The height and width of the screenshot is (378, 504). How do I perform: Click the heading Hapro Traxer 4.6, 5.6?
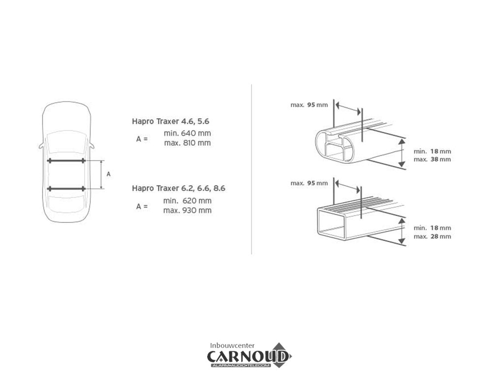170,121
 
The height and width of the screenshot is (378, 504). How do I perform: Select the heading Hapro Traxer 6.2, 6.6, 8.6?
178,188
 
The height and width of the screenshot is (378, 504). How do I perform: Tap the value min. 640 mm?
188,133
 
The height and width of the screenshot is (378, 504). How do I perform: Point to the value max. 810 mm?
188,143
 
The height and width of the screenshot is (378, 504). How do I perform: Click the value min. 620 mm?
188,201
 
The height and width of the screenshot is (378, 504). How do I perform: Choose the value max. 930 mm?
188,210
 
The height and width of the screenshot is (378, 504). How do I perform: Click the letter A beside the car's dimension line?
109,174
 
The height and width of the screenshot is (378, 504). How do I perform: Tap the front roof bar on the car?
66,160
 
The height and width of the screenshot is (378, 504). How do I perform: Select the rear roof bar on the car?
66,189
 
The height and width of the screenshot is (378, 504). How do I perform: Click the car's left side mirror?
41,146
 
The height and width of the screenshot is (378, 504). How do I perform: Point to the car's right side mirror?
92,146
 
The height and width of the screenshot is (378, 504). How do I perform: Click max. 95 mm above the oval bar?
309,105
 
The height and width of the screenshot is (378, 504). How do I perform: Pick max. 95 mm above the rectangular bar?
309,183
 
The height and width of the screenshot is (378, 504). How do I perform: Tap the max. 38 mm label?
432,159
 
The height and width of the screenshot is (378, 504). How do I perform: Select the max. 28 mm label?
432,237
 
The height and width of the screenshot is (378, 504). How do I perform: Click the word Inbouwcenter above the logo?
232,346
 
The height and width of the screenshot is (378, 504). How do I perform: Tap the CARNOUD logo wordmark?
248,356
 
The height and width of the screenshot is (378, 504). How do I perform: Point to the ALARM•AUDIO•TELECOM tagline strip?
240,366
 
